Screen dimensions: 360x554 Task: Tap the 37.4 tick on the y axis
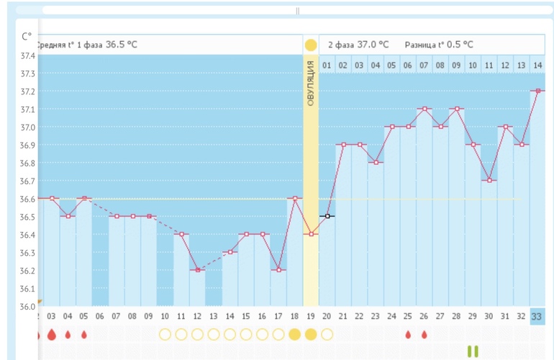(27, 56)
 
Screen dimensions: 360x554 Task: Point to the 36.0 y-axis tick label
(27, 307)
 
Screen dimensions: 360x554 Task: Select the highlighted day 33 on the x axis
(537, 316)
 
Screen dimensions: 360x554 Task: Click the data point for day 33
(537, 91)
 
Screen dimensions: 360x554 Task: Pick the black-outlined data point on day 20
(327, 216)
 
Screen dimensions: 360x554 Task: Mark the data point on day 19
(311, 234)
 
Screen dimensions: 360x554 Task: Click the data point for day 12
(197, 270)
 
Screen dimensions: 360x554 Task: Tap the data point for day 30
(489, 181)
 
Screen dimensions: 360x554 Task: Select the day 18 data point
(294, 199)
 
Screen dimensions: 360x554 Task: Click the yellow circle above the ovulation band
(311, 45)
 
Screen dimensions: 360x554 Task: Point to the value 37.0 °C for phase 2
(373, 45)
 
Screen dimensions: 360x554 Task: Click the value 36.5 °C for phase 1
(122, 45)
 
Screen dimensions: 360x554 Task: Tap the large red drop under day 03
(51, 335)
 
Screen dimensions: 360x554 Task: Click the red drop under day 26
(424, 335)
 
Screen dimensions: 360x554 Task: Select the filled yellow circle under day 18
(294, 335)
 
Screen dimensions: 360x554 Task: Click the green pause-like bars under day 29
(473, 351)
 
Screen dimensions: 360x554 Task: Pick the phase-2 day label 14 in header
(537, 66)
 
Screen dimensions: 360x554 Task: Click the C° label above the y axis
(27, 36)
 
